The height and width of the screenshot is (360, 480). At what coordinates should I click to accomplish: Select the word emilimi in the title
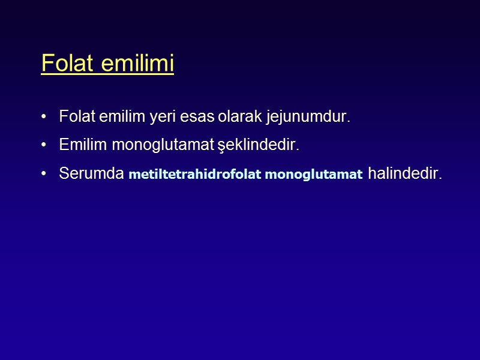137,63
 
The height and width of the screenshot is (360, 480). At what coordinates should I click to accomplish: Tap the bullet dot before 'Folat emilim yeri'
44,116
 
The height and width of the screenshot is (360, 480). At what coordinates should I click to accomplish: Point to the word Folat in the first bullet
76,116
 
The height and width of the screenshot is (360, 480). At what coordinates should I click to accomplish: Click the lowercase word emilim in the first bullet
115,116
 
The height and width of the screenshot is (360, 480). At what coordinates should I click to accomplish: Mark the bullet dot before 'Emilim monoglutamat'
44,145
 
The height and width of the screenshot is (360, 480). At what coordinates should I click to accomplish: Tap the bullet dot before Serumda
44,174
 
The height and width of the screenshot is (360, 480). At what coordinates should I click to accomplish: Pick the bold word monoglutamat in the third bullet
313,175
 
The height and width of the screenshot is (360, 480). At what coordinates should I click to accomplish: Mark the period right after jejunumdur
348,121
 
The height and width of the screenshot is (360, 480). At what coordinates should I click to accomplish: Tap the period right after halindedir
440,178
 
